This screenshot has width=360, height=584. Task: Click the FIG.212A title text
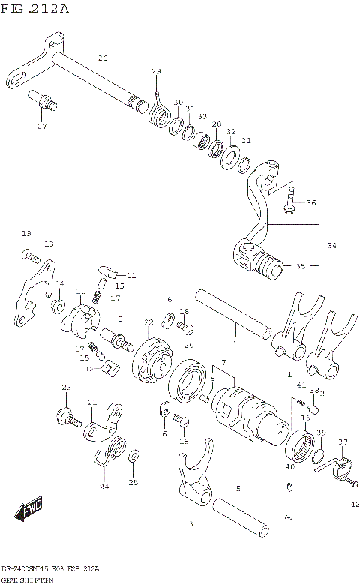[35, 9]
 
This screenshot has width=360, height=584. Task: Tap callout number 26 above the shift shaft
[103, 58]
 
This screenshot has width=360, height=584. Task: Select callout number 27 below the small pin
[42, 126]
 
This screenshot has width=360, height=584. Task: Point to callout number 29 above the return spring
[156, 71]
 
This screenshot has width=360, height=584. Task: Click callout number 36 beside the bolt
[311, 202]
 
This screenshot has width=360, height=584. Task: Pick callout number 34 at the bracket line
[331, 245]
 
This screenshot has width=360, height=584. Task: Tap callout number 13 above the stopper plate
[49, 244]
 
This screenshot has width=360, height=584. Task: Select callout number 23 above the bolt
[65, 387]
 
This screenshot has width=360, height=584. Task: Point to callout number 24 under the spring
[103, 487]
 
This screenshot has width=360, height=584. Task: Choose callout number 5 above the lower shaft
[238, 489]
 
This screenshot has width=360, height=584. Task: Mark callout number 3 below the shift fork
[190, 524]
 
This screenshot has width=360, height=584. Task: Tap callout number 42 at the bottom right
[355, 504]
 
